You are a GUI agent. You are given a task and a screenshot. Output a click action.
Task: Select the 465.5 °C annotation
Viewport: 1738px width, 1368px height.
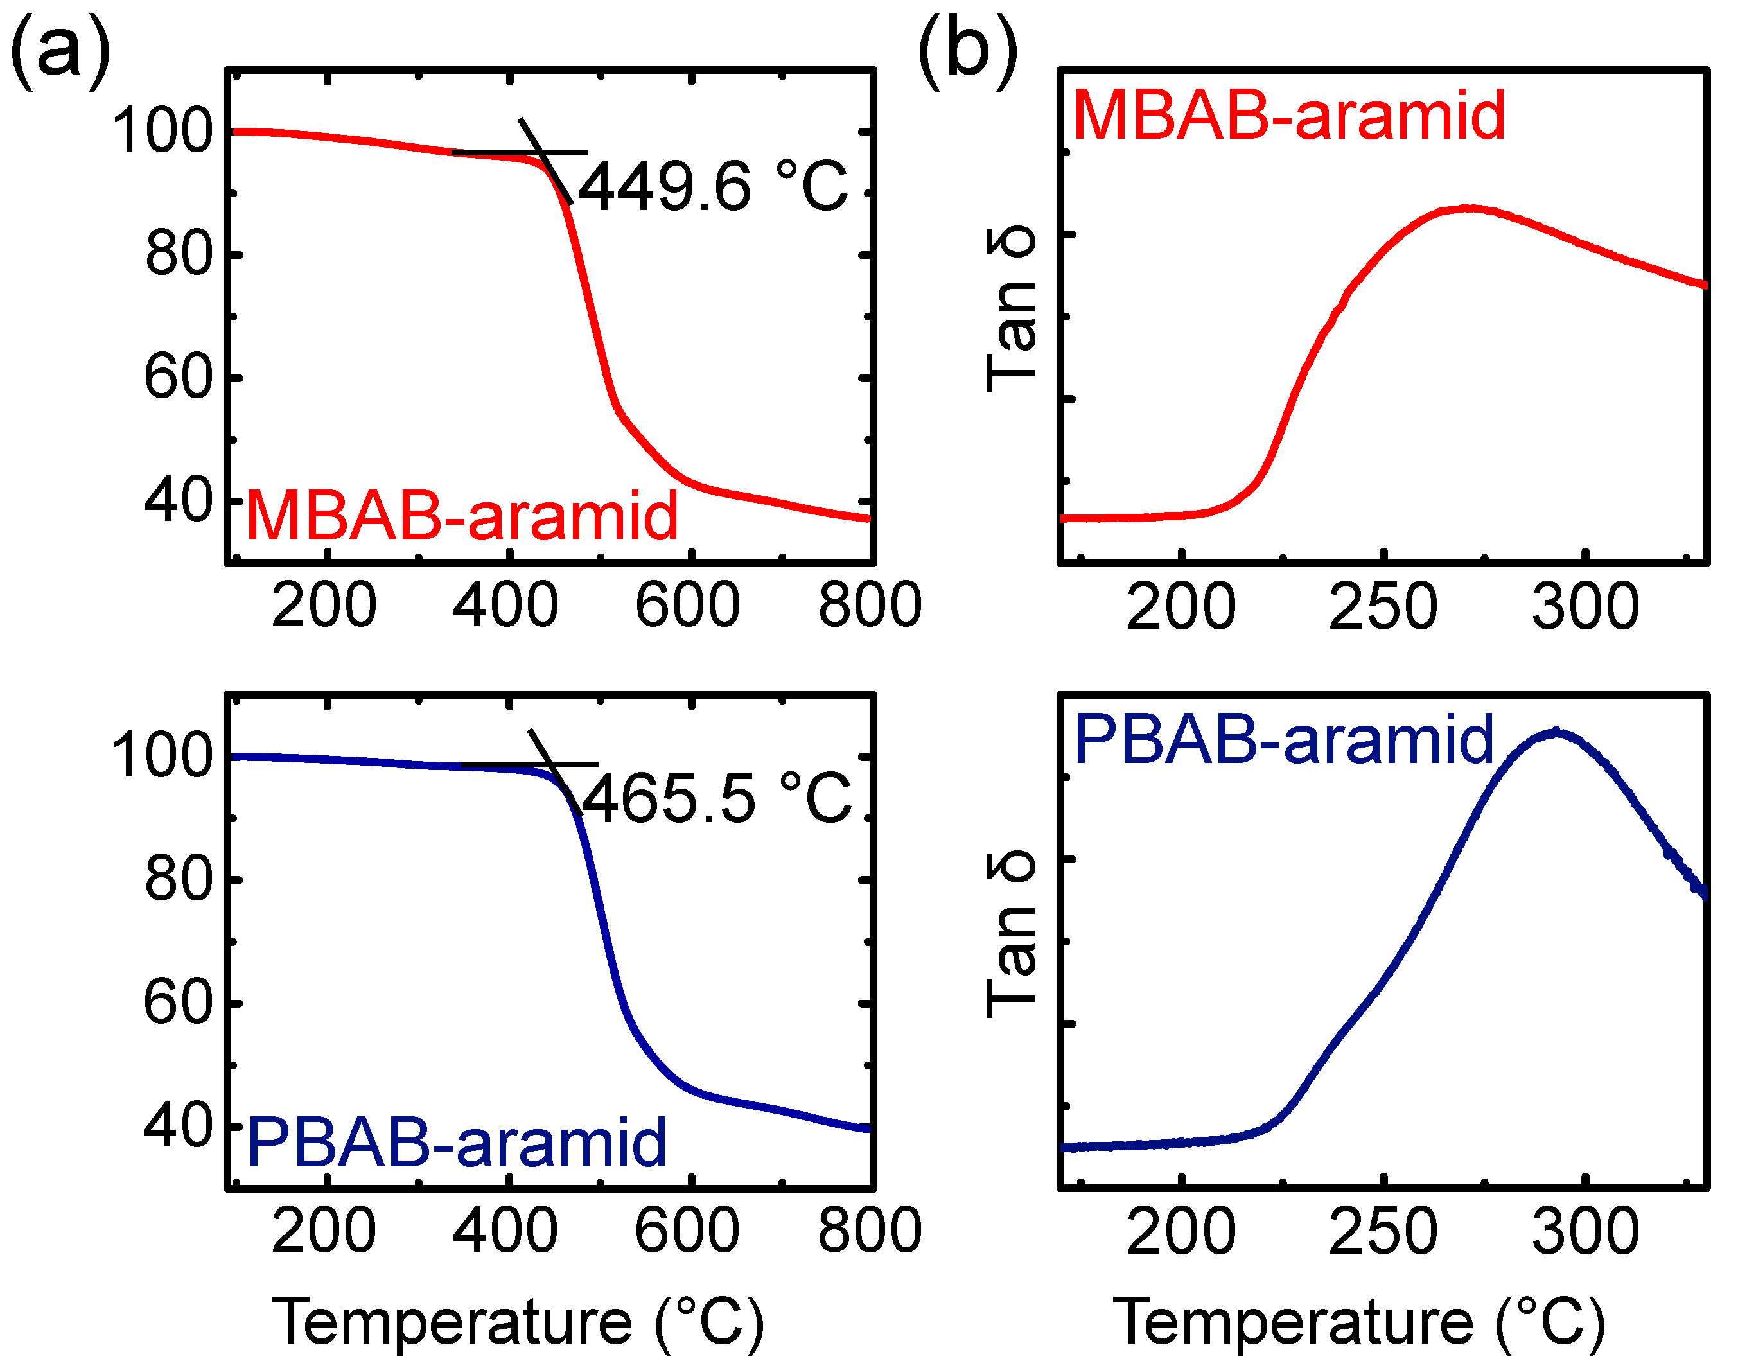pyautogui.click(x=715, y=798)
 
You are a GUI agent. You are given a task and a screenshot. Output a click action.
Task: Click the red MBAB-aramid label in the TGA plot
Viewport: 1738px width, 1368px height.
pyautogui.click(x=462, y=516)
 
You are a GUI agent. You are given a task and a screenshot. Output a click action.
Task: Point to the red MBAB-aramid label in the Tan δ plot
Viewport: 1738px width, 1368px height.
pyautogui.click(x=1288, y=116)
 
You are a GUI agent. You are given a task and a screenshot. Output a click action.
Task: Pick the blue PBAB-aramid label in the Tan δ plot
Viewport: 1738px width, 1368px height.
pyautogui.click(x=1284, y=739)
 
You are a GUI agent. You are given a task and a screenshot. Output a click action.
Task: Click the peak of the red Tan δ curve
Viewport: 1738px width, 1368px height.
pyautogui.click(x=1470, y=208)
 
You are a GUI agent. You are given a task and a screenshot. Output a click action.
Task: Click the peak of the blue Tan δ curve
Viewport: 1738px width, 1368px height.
pyautogui.click(x=1556, y=732)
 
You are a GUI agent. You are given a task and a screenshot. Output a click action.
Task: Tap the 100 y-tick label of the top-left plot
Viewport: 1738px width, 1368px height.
pyautogui.click(x=162, y=130)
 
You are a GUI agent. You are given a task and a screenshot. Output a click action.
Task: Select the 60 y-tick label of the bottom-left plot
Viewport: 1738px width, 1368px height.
pyautogui.click(x=178, y=1002)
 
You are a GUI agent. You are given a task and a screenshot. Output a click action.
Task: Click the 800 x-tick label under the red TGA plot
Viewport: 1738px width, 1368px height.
pyautogui.click(x=870, y=606)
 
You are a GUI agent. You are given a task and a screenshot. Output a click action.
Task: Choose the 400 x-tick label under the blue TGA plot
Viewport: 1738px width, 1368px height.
pyautogui.click(x=505, y=1231)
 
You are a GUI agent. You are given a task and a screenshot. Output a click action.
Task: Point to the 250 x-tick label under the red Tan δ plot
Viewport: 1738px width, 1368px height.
pyautogui.click(x=1383, y=607)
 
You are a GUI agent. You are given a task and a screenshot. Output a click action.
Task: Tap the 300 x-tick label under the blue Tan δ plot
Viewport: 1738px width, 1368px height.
pyautogui.click(x=1586, y=1232)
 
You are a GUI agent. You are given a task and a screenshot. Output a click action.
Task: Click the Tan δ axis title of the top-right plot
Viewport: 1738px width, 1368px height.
pyautogui.click(x=1011, y=311)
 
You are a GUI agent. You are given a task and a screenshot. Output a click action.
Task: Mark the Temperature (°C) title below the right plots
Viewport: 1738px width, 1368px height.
pyautogui.click(x=1359, y=1322)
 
